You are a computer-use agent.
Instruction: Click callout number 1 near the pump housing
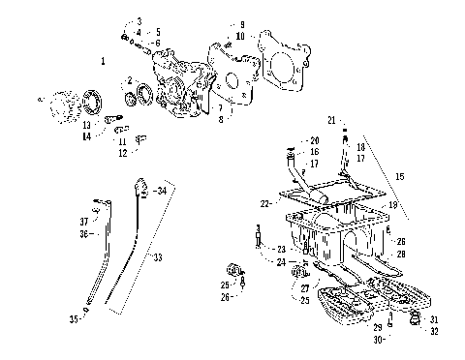pos(103,61)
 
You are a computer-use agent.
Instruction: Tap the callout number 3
pos(139,20)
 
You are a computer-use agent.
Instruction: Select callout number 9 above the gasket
pos(241,24)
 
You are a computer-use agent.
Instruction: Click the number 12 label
pos(123,153)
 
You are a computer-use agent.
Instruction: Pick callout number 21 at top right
pos(330,119)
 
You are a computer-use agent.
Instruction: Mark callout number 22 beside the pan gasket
pos(264,203)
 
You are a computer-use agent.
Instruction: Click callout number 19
pos(392,205)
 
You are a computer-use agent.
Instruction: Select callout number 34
pos(161,191)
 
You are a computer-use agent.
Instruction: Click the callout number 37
pos(83,221)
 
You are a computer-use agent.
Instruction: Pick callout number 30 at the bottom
pos(378,340)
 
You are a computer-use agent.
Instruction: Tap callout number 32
pos(434,331)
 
